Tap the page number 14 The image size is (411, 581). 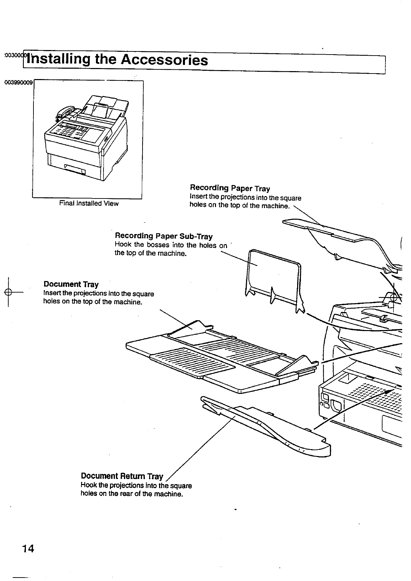(28, 549)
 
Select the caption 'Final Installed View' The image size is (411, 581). (89, 203)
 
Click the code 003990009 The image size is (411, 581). (19, 83)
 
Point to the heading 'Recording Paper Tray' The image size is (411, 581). (230, 188)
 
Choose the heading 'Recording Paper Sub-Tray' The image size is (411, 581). (164, 236)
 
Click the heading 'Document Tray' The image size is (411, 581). (71, 284)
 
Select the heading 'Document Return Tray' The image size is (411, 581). (122, 476)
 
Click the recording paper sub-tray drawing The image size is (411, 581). (274, 276)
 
